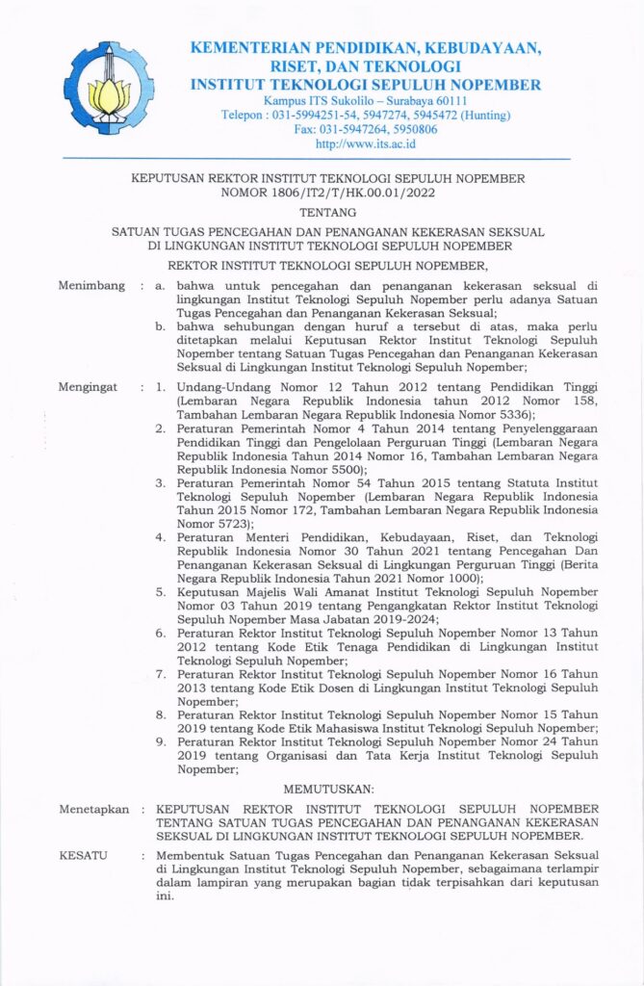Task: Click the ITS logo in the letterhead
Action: [108, 90]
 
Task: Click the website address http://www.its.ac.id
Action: [365, 143]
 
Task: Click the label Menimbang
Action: [91, 286]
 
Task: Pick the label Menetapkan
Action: [94, 810]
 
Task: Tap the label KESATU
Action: [84, 855]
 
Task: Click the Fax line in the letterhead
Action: [365, 129]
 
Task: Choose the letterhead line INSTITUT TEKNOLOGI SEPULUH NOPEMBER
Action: [365, 84]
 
